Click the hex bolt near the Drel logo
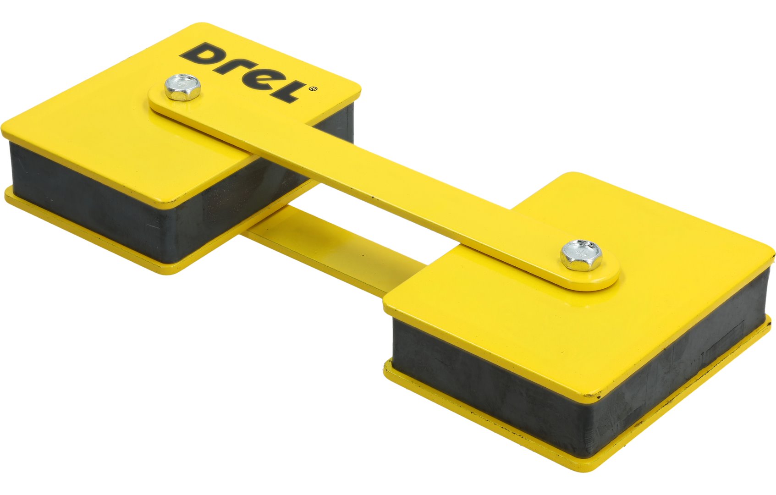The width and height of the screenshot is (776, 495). [x=182, y=87]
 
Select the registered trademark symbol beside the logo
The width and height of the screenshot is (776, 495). [x=313, y=89]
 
